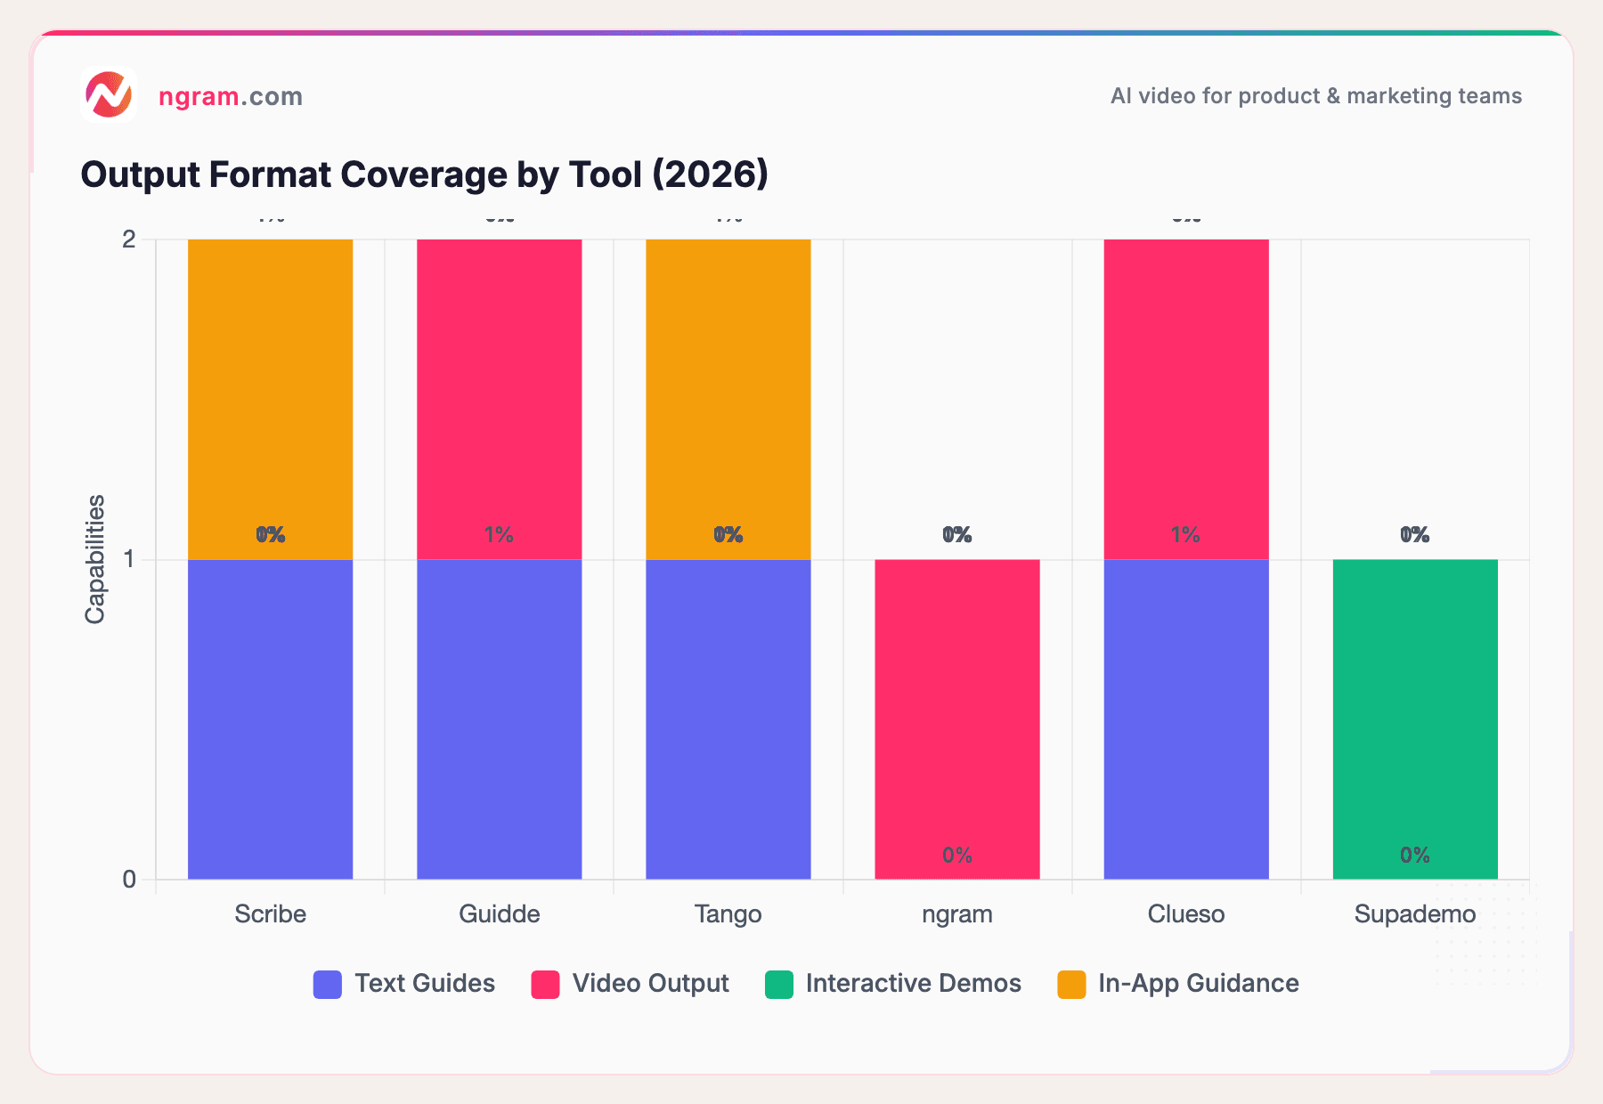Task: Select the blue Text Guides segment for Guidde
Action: click(x=499, y=719)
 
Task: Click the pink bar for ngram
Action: click(x=956, y=719)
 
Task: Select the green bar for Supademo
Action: click(x=1414, y=719)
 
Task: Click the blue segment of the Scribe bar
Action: click(x=270, y=719)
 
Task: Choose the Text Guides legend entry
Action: click(x=404, y=984)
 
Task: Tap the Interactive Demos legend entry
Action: click(x=892, y=984)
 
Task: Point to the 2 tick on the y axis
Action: click(x=129, y=239)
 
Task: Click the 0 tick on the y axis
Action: click(x=129, y=880)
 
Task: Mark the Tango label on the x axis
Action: click(x=728, y=914)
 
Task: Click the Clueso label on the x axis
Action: click(x=1185, y=914)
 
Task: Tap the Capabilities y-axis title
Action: click(x=95, y=559)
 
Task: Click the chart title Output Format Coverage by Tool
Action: click(x=424, y=175)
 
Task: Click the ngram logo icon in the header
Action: click(x=108, y=94)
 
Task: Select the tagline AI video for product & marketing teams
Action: click(x=1315, y=96)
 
